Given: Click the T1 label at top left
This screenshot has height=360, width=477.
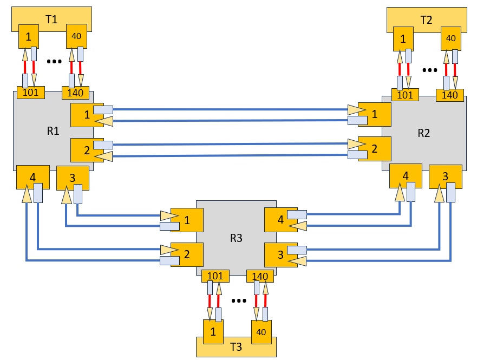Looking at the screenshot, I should click(x=51, y=19).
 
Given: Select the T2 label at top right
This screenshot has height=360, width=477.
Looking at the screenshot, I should click(x=426, y=21).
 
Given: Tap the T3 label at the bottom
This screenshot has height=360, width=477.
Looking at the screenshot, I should click(x=236, y=347).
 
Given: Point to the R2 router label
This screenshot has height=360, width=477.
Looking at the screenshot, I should click(x=424, y=133).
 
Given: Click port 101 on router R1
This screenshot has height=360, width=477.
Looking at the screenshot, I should click(x=31, y=93).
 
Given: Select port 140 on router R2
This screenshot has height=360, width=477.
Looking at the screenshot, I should click(x=450, y=95).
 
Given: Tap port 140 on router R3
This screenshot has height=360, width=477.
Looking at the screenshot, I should click(x=260, y=276).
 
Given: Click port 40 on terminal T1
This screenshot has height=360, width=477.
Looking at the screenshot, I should click(x=76, y=36).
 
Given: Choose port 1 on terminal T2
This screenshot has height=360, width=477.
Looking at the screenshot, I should click(x=403, y=38).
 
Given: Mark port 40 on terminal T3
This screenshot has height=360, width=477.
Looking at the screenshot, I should click(x=260, y=331).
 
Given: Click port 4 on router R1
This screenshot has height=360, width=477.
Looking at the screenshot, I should click(x=33, y=176).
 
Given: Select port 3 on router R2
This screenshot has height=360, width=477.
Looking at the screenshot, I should click(x=445, y=176).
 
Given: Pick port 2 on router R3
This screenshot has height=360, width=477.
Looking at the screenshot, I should click(x=187, y=253).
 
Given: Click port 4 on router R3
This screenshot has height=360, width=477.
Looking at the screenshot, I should click(x=280, y=219).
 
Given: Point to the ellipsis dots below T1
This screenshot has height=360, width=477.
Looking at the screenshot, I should click(x=54, y=62).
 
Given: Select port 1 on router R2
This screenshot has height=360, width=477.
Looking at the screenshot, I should click(x=374, y=114).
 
